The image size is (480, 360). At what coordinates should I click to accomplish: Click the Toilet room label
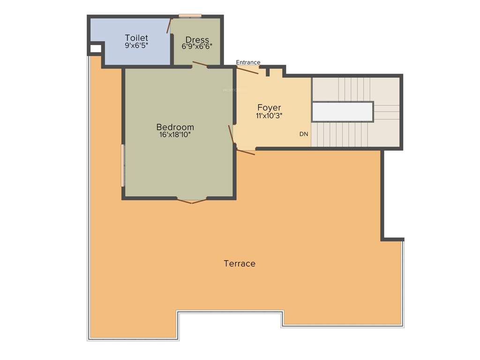pos(136,37)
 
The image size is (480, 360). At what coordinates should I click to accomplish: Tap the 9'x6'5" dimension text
pos(136,46)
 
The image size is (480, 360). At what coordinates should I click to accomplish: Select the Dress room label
pos(197,39)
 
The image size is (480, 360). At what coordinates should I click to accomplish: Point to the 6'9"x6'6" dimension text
pos(197,46)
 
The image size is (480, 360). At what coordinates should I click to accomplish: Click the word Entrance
pos(248,62)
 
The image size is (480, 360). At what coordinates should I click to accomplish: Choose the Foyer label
pos(269,108)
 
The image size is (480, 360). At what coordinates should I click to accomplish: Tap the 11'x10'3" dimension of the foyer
pos(269,115)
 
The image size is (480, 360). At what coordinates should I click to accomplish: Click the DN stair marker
pos(304,134)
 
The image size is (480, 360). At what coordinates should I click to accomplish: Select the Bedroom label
pos(175,127)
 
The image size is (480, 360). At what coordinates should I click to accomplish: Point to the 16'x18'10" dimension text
pos(175,135)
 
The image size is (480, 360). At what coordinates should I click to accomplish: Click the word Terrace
pos(240,263)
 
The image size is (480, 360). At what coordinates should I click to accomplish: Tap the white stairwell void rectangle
pos(342,112)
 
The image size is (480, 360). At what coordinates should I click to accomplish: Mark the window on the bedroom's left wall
pos(123,165)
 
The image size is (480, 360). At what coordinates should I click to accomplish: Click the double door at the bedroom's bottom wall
pos(192,201)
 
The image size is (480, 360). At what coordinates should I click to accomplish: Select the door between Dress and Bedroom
pos(200,64)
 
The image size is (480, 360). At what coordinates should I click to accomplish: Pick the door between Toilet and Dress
pos(169,26)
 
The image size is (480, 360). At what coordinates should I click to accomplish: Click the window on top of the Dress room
pos(190,16)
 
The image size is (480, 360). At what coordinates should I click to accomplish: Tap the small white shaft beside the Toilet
pos(95,48)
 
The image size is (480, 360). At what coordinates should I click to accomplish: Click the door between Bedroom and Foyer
pos(231,134)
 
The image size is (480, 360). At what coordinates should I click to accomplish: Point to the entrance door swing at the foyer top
pos(247,71)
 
